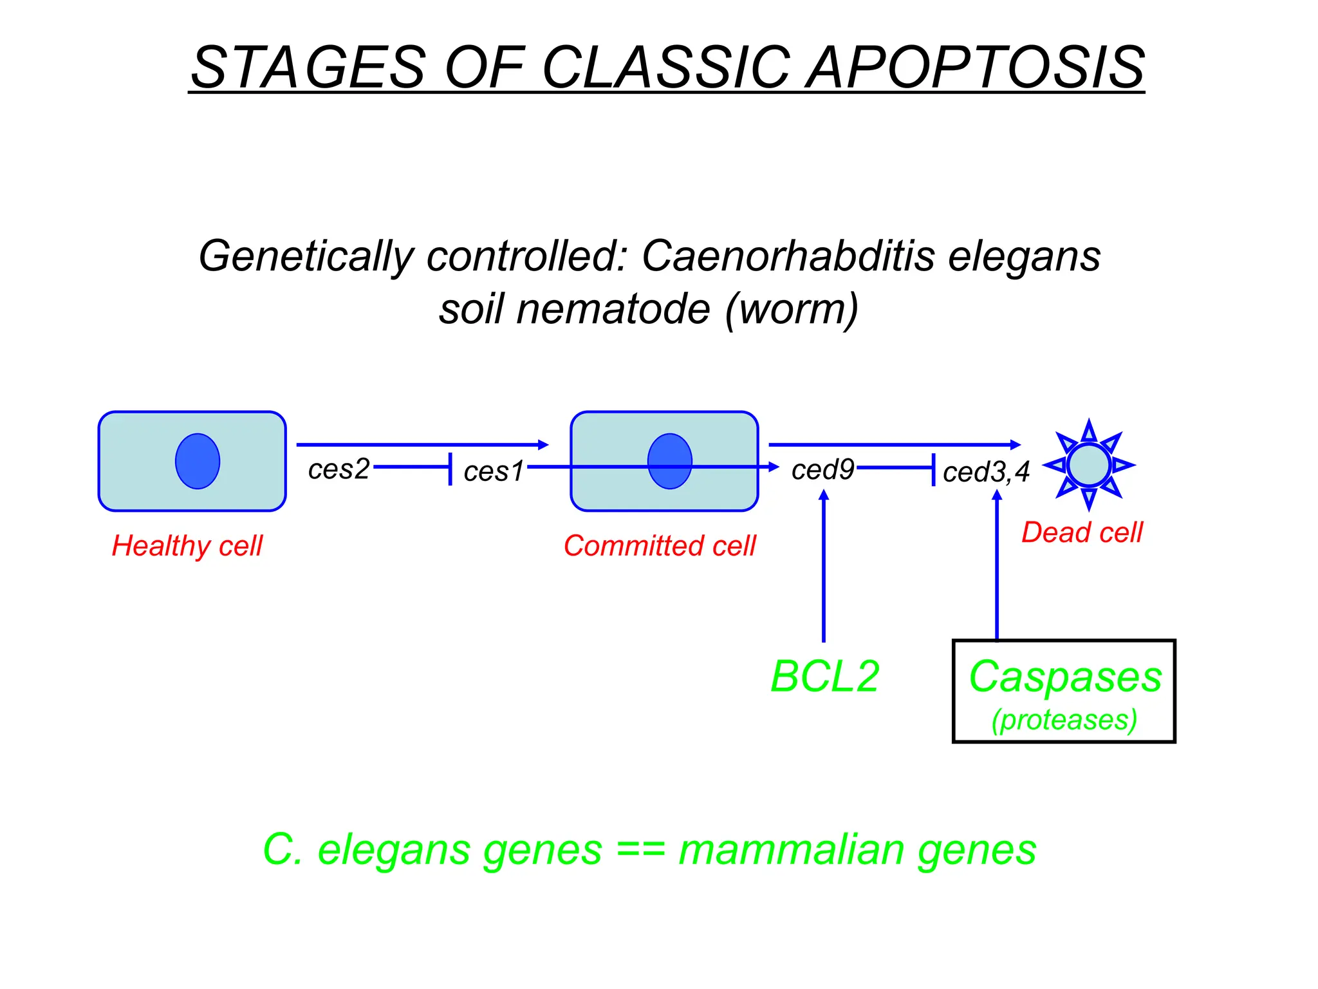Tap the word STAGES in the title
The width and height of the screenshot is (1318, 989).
click(309, 68)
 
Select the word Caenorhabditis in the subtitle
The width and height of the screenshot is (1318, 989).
click(788, 256)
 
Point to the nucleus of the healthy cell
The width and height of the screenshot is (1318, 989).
click(198, 461)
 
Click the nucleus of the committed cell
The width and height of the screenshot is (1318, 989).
click(669, 461)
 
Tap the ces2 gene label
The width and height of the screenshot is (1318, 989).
click(339, 469)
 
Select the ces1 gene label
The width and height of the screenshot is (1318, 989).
click(494, 471)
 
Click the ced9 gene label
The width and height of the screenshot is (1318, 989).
click(822, 469)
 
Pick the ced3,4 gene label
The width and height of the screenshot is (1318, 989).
click(986, 472)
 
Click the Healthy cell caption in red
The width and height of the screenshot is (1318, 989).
click(187, 546)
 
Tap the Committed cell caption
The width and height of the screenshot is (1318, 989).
click(660, 546)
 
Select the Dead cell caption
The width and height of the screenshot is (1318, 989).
click(1082, 532)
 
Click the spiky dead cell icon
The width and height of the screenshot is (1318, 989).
click(1088, 464)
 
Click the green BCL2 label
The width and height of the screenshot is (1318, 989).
click(824, 677)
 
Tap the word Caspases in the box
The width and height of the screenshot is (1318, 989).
click(1065, 677)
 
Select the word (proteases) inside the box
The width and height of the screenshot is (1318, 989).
click(1064, 720)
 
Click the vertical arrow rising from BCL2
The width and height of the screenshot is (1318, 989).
click(824, 567)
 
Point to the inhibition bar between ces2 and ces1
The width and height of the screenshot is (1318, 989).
click(450, 468)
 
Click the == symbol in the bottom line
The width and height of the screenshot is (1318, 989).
click(640, 850)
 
